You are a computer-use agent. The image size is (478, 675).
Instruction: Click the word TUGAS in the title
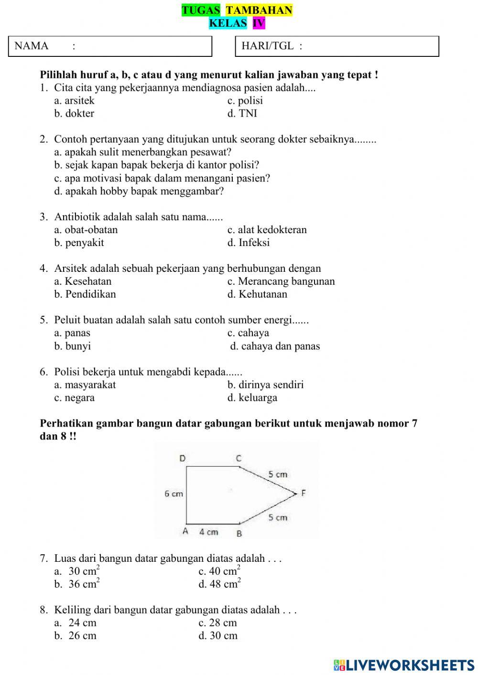(201, 10)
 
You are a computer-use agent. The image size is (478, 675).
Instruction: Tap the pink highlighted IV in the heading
(259, 23)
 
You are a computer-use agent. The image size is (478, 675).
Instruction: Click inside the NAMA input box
(143, 46)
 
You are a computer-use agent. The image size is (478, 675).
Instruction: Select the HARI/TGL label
(272, 46)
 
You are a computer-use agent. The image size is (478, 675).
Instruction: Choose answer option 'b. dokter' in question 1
(74, 114)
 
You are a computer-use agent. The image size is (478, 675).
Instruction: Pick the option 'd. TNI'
(242, 114)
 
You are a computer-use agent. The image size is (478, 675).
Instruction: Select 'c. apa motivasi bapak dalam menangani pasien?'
(162, 178)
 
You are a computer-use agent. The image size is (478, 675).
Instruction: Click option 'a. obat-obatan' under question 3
(86, 230)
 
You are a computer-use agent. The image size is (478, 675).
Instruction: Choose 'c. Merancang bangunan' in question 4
(281, 281)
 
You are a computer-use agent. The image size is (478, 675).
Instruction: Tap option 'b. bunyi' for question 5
(73, 346)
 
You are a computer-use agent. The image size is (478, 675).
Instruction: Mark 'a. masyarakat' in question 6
(85, 385)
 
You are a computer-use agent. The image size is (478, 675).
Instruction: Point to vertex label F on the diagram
(303, 493)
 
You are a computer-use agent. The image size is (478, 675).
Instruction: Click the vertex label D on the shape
(182, 459)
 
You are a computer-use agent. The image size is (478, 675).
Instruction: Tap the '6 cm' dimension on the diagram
(174, 494)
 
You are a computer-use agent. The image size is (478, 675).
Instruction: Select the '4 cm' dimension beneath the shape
(208, 532)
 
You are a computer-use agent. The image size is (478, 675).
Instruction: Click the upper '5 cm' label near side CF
(278, 474)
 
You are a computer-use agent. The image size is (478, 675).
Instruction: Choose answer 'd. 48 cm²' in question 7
(219, 584)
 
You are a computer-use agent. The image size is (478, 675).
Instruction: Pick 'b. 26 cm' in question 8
(76, 636)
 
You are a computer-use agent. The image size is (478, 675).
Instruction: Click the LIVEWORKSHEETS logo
(404, 664)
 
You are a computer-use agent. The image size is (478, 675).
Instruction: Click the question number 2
(44, 139)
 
